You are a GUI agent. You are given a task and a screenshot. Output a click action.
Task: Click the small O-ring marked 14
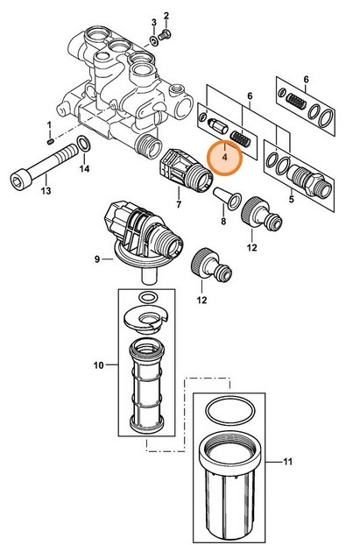81,144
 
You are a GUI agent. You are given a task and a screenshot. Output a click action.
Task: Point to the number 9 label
97,258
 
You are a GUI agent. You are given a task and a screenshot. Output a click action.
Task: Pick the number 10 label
97,363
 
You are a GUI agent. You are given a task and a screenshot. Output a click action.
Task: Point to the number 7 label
179,204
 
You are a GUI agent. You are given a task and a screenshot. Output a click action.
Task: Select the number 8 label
222,223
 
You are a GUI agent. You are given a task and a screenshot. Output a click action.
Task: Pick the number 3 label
153,21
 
